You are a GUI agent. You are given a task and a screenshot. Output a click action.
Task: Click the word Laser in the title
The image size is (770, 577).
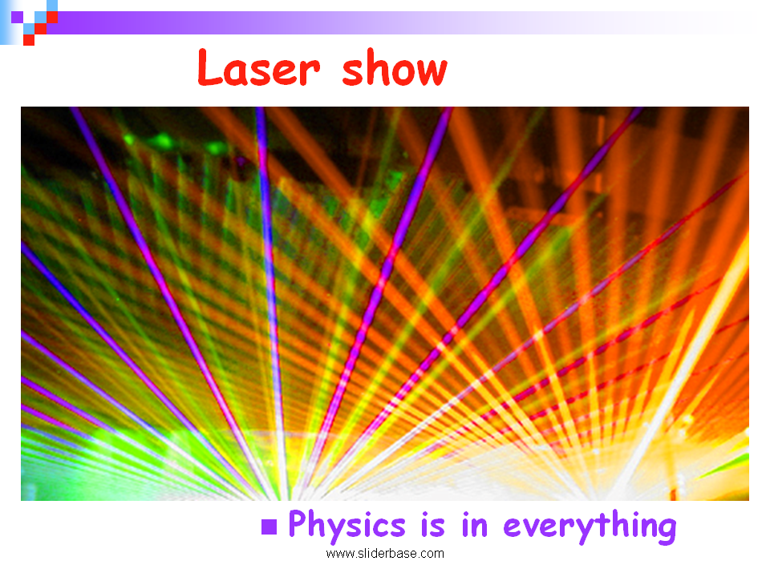click(259, 67)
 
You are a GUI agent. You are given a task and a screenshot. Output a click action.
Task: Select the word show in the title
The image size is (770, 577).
click(395, 67)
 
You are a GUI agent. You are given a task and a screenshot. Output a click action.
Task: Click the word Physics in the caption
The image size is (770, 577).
click(346, 525)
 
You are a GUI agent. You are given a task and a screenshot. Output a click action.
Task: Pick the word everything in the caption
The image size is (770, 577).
click(590, 526)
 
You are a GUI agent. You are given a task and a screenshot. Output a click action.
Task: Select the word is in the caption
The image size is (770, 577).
click(432, 524)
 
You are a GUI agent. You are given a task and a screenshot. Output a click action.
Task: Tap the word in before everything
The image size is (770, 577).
click(474, 524)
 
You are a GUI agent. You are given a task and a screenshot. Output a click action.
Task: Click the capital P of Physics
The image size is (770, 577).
click(298, 523)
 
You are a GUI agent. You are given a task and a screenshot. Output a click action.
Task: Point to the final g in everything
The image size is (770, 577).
click(666, 531)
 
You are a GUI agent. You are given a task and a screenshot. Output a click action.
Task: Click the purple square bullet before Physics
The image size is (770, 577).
click(269, 527)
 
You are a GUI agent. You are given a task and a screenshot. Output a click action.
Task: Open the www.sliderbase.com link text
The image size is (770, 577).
click(385, 554)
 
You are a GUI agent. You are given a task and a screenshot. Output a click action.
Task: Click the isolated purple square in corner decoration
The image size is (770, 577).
click(17, 17)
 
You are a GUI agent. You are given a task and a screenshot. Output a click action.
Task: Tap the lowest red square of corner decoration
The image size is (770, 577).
click(29, 40)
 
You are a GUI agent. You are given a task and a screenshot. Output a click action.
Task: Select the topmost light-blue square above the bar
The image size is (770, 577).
click(52, 6)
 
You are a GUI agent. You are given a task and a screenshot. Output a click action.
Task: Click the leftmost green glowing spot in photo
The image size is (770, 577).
click(129, 139)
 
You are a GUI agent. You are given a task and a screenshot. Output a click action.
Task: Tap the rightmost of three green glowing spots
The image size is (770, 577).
click(215, 147)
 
